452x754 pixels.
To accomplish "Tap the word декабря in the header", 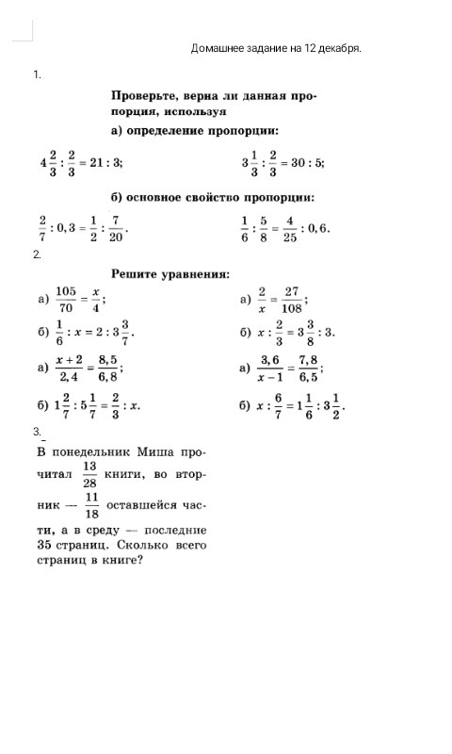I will coord(338,47).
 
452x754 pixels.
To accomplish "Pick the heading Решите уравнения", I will coord(170,274).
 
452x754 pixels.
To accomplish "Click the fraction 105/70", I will coord(66,299).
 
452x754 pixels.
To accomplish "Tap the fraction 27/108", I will coord(292,299).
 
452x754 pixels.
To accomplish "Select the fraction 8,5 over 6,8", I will coord(107,367).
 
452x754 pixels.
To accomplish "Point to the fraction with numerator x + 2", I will coord(70,367).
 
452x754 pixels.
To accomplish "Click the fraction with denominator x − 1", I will coord(270,367).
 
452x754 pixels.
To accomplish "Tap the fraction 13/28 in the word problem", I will coord(89,474).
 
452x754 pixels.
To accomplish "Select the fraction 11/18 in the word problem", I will coord(92,505).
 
